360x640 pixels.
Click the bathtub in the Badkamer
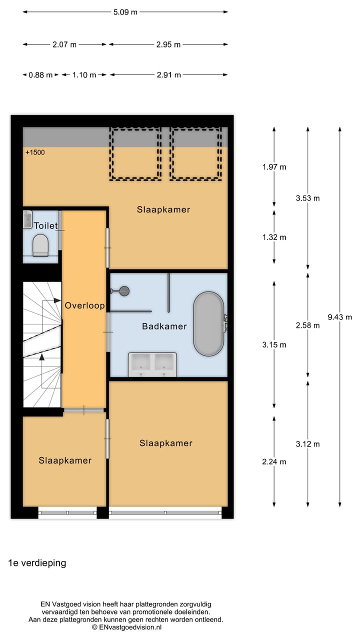tap(208, 324)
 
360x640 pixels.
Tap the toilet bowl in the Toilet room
tap(40, 245)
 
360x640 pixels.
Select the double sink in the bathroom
tap(152, 364)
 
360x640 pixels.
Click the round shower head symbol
tap(124, 290)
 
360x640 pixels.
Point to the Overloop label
tap(84, 305)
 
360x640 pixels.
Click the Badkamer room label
tap(164, 326)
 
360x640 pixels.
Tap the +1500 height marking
tap(35, 152)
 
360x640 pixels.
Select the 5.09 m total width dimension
tap(125, 12)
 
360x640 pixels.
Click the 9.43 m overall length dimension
tap(340, 317)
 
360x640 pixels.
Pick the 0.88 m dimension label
tap(40, 75)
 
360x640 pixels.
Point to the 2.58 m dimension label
tap(307, 325)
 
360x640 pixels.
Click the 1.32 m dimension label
tap(274, 237)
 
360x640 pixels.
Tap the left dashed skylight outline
tap(136, 153)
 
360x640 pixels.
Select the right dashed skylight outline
tap(195, 153)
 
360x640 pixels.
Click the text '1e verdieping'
tap(37, 563)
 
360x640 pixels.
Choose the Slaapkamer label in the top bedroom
tap(163, 209)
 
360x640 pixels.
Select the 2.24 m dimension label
tap(274, 461)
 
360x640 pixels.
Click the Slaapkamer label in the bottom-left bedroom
tap(65, 460)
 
